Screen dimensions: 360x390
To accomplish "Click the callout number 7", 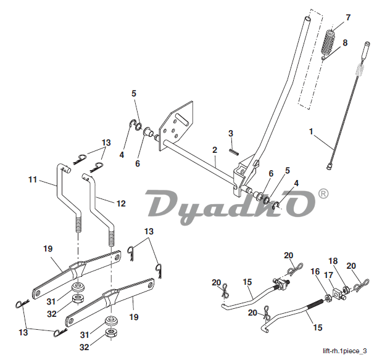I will (x=348, y=17).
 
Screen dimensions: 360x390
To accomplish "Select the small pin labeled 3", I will (x=233, y=149).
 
